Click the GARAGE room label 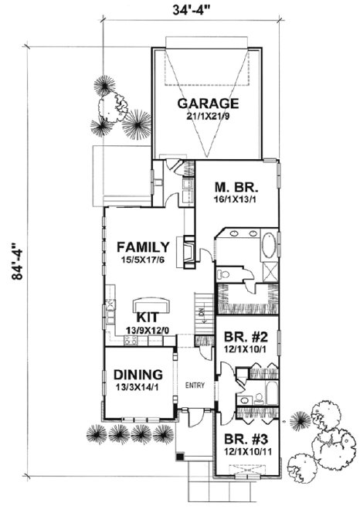(207, 104)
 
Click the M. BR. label (235, 188)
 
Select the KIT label (148, 318)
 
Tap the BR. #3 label (244, 437)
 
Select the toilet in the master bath (224, 274)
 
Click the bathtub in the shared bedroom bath (263, 382)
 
